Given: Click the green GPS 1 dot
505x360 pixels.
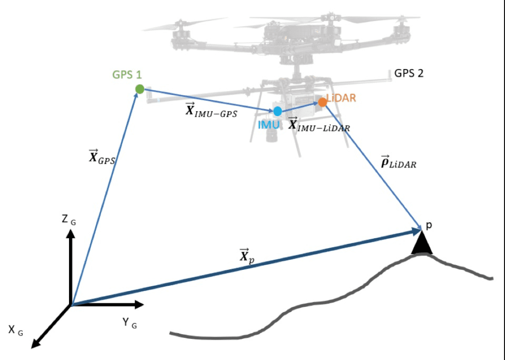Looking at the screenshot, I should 139,89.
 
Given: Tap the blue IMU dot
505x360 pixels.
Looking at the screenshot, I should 278,111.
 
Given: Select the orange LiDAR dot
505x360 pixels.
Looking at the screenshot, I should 323,102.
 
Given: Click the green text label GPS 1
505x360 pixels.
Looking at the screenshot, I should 127,74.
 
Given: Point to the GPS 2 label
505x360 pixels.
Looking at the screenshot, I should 409,73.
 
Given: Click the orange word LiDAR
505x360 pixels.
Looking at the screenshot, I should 342,97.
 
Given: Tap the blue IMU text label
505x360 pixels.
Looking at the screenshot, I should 269,124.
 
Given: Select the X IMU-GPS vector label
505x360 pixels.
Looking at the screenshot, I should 211,111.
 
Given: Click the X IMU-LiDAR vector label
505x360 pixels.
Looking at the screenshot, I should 318,125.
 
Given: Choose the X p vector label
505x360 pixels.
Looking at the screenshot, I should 246,256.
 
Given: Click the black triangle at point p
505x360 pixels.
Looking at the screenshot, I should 422,244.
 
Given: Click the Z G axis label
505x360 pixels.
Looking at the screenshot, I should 69,220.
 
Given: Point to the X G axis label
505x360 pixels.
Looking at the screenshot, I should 15,330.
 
